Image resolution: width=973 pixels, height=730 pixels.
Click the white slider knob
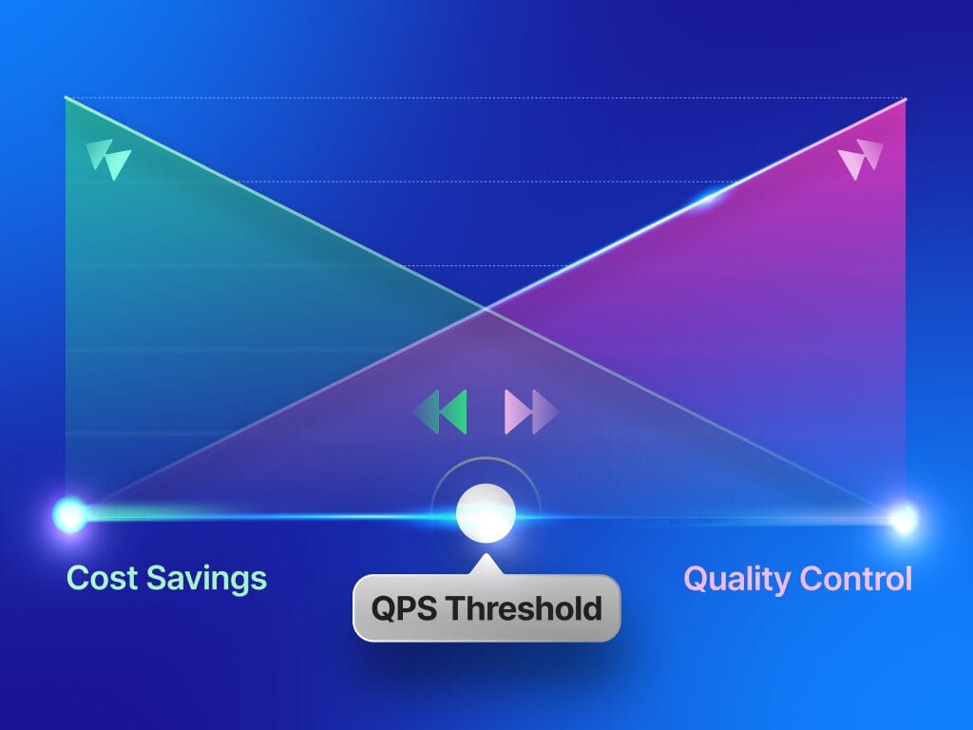coord(486,512)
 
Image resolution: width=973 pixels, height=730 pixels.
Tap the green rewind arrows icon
coord(441,412)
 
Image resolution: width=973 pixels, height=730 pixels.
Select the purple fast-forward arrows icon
coord(531,412)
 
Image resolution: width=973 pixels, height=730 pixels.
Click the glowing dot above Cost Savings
coord(69,515)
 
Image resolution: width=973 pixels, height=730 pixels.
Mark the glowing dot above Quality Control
coord(904,518)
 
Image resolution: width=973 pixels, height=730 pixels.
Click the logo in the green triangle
coord(107,159)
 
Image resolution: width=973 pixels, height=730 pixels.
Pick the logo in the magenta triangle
coord(861,159)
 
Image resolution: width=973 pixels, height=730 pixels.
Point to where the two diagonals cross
coord(486,308)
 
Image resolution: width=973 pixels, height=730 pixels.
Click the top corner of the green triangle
coord(66,98)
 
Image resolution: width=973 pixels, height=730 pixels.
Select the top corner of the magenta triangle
coord(906,98)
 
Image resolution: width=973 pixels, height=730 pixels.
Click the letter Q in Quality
coord(696,578)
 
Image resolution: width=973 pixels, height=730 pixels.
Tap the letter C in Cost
coord(78,578)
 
